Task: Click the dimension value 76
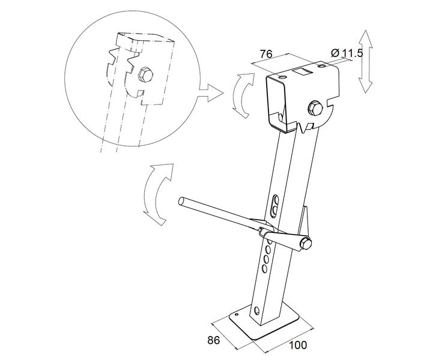point(265,54)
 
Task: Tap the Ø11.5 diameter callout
point(345,54)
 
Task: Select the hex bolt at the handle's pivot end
point(305,242)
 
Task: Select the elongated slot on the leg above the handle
point(275,205)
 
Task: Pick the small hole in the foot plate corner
point(237,314)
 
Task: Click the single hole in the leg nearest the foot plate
point(256,310)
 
